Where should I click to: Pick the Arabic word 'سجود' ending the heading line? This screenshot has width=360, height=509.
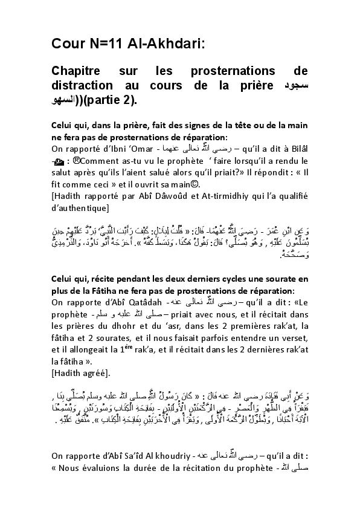pos(296,86)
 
